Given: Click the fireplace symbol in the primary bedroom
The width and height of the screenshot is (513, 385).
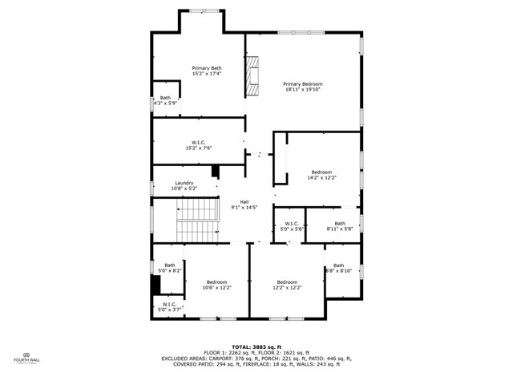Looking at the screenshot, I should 254,75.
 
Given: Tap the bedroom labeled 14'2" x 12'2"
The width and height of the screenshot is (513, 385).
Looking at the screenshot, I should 321,176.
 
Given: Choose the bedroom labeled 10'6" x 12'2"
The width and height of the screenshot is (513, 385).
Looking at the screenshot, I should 216,285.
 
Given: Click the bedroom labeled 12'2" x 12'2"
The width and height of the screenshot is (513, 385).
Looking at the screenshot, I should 287,285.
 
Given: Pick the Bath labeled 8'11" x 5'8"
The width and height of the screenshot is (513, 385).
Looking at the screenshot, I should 340,226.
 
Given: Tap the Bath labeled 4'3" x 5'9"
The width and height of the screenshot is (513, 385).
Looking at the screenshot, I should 165,101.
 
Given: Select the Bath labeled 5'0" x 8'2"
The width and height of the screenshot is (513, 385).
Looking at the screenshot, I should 170,269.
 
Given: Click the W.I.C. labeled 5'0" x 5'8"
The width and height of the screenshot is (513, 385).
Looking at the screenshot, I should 291,226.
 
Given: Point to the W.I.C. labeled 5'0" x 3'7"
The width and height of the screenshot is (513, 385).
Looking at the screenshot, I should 170,307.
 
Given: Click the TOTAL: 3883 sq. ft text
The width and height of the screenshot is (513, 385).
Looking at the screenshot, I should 256,346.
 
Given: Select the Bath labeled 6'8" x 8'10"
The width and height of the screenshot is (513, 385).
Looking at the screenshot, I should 338,269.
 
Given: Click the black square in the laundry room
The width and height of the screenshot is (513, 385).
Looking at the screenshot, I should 215,170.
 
